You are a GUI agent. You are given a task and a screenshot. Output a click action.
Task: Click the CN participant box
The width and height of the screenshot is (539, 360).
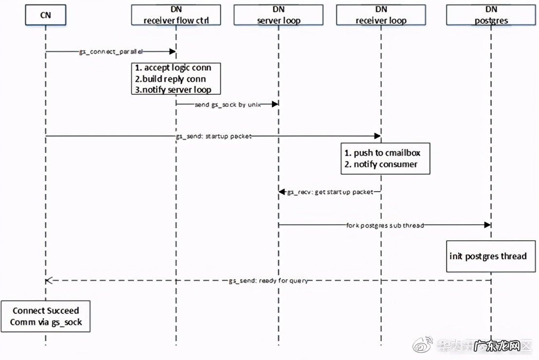45,16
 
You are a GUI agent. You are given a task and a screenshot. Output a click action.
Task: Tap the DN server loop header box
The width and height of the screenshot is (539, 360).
278,16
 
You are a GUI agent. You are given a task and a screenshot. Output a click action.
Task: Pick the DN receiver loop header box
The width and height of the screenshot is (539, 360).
381,16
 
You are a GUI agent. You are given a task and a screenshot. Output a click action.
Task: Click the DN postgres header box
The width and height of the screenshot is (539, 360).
491,16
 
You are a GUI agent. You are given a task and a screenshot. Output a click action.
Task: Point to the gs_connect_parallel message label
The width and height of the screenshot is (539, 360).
110,51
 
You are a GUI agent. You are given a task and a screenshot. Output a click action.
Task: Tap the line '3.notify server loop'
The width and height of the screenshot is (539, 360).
174,90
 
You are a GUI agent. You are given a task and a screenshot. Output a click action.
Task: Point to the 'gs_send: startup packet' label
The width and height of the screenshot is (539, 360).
214,137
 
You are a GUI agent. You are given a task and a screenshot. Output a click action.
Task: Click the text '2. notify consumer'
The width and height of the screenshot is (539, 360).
381,164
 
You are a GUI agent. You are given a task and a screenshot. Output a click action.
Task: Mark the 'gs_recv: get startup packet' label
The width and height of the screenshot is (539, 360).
330,192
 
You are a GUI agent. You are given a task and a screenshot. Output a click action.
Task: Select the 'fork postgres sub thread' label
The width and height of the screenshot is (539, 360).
385,225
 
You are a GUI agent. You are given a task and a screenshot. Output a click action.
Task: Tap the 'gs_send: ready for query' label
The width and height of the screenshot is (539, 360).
268,281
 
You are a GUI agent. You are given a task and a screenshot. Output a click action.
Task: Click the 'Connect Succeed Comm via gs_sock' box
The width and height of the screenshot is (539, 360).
45,316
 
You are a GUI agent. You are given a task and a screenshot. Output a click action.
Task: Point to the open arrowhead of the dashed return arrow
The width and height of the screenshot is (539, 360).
48,281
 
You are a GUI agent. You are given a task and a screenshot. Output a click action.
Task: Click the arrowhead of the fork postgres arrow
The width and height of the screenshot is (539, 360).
487,225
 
